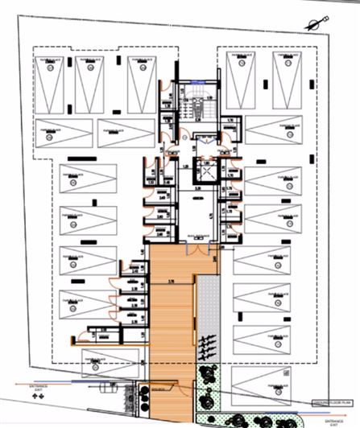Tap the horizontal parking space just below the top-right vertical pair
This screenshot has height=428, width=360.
click(x=274, y=129)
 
